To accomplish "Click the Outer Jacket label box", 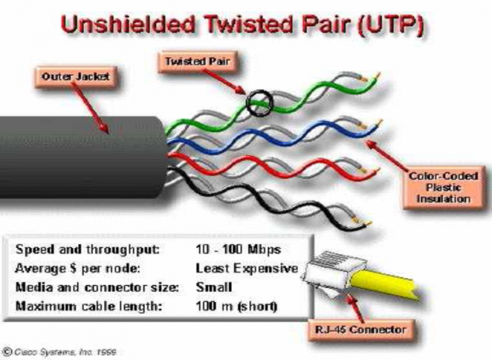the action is coord(76,77).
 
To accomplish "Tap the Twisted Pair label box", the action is coord(197,61).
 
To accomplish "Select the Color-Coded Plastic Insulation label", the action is coord(443,188).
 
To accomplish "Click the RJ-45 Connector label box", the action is coord(360,330).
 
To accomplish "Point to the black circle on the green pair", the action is coord(247,102).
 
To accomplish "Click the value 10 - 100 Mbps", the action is coord(238,250).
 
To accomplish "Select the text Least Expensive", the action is coord(247,268).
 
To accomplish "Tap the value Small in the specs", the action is coord(214,287).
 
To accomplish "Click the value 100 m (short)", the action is coord(236,306).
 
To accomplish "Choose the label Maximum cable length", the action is coord(89,306).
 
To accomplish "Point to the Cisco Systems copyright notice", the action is coord(60,352).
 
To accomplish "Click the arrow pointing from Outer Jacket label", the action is coord(90,108).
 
